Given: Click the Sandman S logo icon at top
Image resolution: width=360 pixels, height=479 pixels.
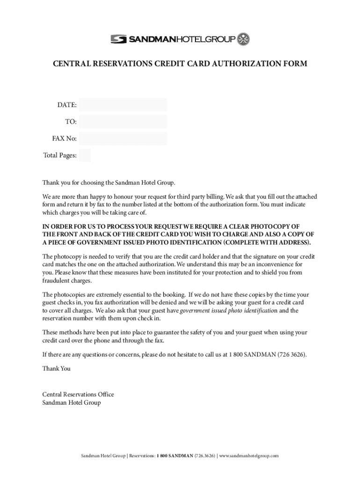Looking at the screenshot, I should click(119, 39).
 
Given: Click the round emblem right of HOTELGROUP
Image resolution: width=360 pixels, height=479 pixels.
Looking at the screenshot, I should click(244, 39).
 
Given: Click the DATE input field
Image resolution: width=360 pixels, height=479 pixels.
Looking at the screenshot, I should click(123, 105).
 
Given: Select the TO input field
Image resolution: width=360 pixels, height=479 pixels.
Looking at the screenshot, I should click(123, 122).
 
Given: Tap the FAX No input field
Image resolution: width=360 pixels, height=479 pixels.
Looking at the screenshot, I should click(123, 138).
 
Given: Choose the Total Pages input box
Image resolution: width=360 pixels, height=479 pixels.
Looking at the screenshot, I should click(85, 155).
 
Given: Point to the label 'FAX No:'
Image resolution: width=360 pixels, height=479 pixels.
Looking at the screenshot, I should click(65, 138).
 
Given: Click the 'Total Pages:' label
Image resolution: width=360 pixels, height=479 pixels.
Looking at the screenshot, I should click(60, 155).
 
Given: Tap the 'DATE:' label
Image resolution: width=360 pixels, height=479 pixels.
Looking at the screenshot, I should click(67, 105).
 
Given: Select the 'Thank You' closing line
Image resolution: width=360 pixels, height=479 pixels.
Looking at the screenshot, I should click(57, 369).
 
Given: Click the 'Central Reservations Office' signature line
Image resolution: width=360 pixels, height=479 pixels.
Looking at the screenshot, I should click(78, 394).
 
